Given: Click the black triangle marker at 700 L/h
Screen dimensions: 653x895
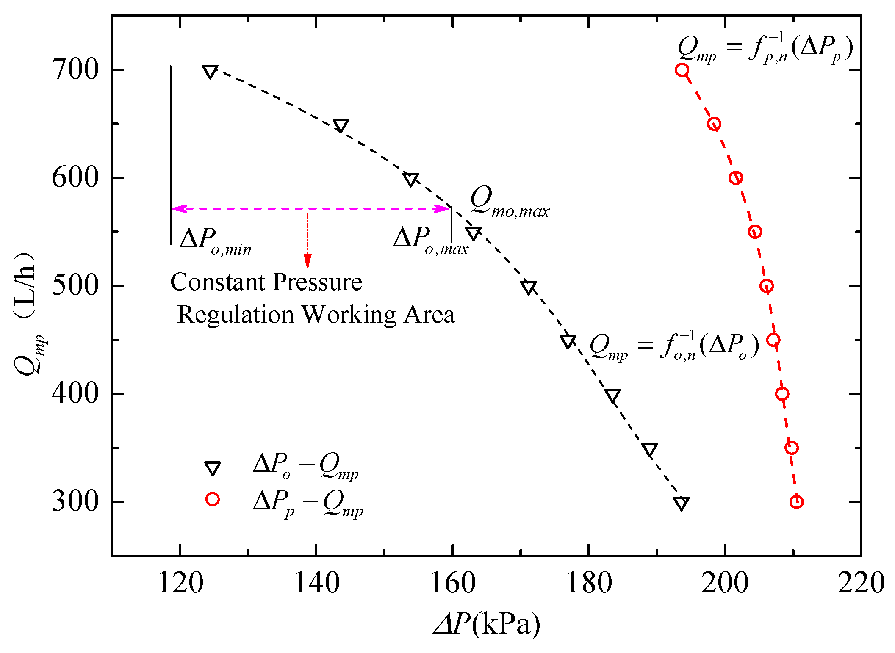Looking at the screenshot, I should [210, 72].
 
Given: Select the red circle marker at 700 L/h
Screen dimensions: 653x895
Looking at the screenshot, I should [682, 70].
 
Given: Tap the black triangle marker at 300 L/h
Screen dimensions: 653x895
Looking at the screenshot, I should [681, 503].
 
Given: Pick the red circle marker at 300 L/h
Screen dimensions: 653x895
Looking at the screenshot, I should [796, 502].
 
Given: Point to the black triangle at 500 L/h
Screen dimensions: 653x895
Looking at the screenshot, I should [529, 287].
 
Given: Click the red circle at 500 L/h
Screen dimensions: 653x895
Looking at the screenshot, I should [766, 286].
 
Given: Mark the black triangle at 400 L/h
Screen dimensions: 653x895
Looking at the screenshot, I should [612, 396].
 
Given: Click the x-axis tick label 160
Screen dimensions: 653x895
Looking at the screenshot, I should [452, 584].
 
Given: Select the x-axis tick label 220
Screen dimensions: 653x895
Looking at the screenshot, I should [861, 584].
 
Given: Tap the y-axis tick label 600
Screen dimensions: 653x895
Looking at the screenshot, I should [75, 177].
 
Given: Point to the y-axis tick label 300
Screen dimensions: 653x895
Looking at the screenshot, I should [75, 502].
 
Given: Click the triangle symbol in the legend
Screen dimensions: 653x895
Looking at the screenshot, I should [212, 468].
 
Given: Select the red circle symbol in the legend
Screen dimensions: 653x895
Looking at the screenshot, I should [212, 499].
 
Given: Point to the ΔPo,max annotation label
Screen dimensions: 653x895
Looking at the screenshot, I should [430, 241].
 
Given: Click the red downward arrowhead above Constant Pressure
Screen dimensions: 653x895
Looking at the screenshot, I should [308, 261].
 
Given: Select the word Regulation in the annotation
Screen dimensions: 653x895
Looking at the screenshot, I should [235, 315].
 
